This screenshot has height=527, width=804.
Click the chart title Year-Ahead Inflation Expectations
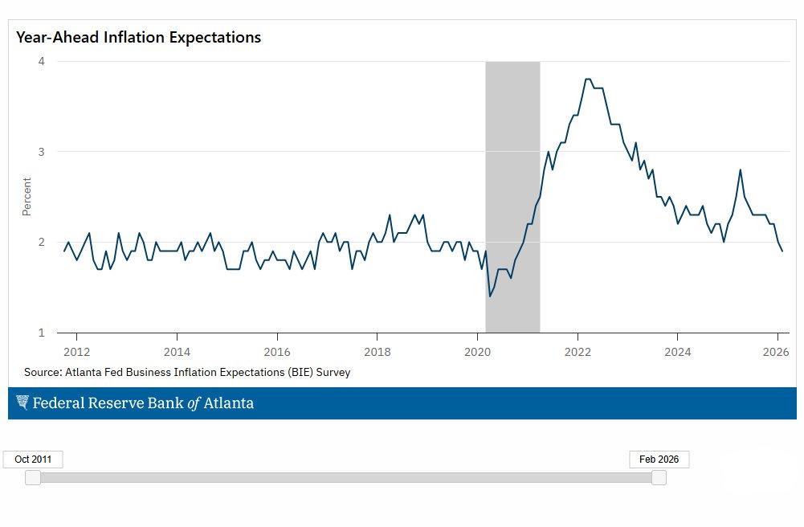click(x=138, y=38)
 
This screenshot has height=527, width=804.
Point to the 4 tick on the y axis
click(x=41, y=62)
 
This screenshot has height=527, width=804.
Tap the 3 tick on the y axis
click(x=41, y=152)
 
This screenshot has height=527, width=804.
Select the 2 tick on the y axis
click(x=41, y=242)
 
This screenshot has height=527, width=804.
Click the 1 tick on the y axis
click(x=41, y=332)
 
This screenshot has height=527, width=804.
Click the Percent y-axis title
click(x=27, y=197)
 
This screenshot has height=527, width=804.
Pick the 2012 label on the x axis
click(x=76, y=352)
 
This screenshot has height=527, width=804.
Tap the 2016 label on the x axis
click(x=277, y=352)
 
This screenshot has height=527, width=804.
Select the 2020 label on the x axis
click(x=477, y=352)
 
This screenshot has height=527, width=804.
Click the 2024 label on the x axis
click(x=678, y=352)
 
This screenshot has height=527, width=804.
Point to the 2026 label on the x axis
click(x=776, y=352)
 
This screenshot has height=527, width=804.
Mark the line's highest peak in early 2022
click(x=588, y=79)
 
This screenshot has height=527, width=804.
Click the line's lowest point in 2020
click(x=490, y=296)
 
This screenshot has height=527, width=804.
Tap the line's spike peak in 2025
click(x=740, y=170)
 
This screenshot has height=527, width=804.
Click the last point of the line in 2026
click(x=782, y=251)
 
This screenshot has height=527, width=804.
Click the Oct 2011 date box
click(x=33, y=460)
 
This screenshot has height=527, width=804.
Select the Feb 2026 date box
click(x=659, y=460)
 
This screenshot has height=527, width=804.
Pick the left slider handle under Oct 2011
click(x=33, y=478)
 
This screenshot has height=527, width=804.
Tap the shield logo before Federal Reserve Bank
click(x=22, y=403)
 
